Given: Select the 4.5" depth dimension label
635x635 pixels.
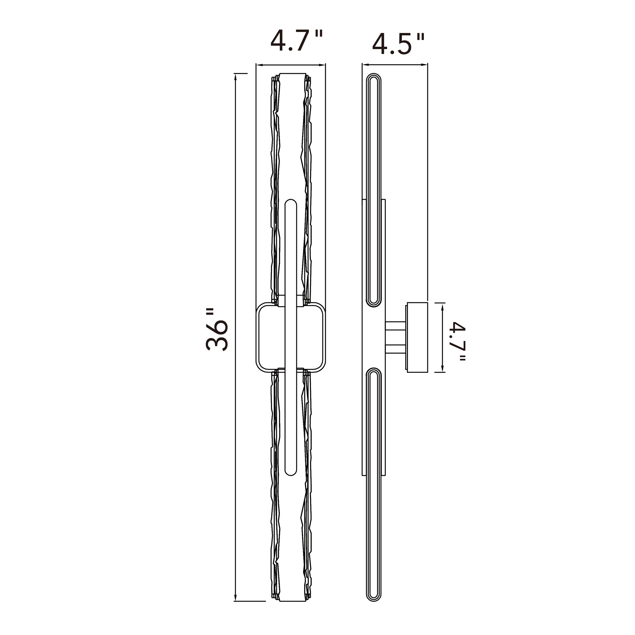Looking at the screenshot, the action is [398, 44].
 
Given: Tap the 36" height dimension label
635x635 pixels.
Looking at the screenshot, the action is [217, 329].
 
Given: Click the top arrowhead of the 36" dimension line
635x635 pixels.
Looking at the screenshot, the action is [235, 77].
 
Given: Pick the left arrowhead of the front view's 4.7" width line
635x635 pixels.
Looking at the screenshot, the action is [259, 65].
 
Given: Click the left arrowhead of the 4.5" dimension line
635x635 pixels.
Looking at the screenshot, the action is [365, 65].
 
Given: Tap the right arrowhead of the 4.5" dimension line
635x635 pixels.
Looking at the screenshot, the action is [424, 65].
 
